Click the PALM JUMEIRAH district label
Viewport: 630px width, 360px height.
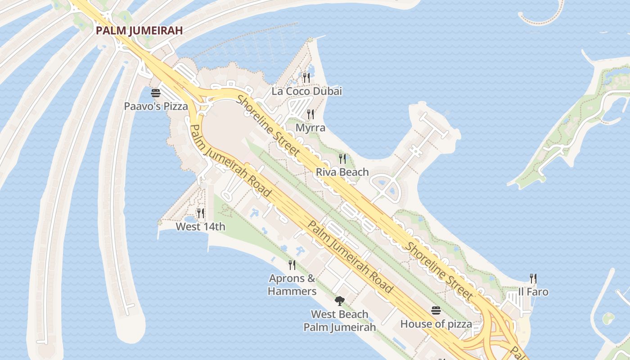click(x=139, y=31)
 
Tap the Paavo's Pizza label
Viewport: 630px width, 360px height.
click(x=156, y=107)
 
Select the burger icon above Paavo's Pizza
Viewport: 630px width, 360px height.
click(x=156, y=93)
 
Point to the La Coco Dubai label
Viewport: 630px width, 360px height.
click(x=306, y=91)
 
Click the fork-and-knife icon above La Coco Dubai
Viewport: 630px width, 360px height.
click(x=306, y=78)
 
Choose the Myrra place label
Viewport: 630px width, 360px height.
click(x=310, y=128)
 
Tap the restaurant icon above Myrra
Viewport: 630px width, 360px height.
click(x=310, y=114)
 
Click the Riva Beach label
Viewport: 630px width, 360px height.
click(x=342, y=172)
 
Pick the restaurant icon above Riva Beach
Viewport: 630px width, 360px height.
click(x=342, y=158)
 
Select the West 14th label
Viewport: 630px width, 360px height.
click(x=200, y=226)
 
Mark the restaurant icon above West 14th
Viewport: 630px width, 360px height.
click(x=201, y=213)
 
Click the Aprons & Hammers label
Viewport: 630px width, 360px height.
click(x=292, y=285)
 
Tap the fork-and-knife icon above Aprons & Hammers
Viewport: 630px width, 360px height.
click(x=292, y=265)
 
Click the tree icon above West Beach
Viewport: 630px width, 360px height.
click(x=340, y=301)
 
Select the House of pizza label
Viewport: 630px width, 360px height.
click(x=436, y=324)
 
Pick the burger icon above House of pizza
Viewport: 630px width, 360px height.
click(x=436, y=310)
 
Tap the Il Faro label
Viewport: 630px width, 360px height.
click(x=533, y=292)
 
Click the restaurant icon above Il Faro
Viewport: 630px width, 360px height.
click(x=533, y=279)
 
